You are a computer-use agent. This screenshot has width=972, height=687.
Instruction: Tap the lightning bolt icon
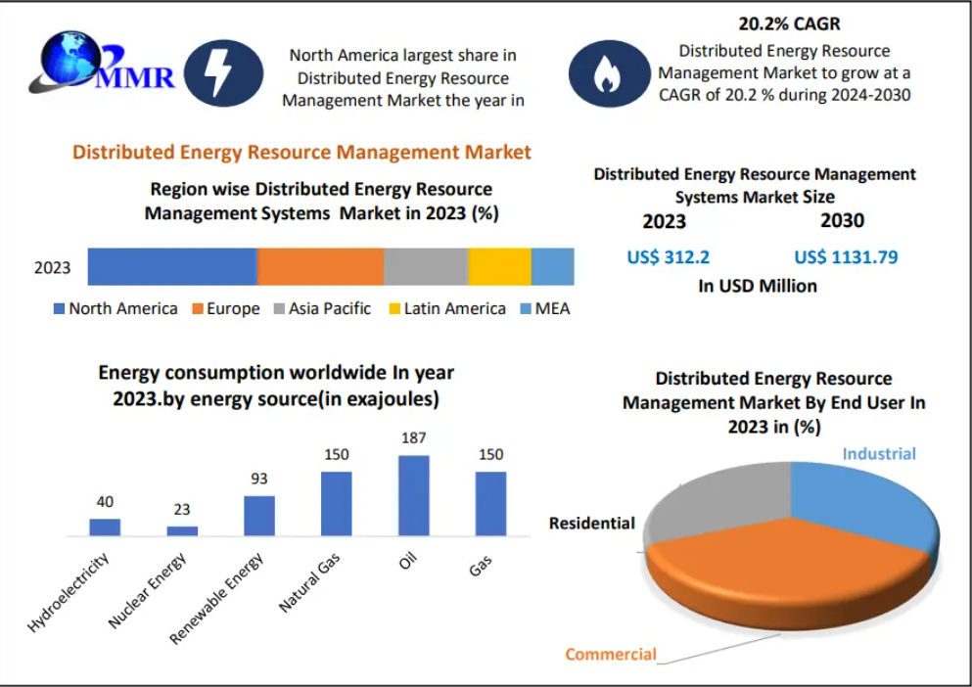[224, 73]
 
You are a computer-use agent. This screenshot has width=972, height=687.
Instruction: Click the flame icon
[606, 73]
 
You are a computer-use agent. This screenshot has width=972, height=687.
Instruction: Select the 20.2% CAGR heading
[789, 23]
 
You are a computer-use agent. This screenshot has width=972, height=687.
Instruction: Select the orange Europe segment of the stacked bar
[320, 266]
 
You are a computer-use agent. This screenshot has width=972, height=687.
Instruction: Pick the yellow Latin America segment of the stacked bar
[499, 266]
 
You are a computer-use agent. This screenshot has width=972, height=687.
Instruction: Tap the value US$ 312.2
[669, 257]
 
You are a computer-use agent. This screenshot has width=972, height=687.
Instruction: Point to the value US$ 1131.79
[846, 257]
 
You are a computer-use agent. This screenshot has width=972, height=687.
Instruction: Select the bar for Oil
[413, 495]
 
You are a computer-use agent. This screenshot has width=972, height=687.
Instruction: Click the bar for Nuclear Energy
[182, 530]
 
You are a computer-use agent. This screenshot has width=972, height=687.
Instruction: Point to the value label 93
[258, 479]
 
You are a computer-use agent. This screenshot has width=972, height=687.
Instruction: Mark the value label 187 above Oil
[413, 437]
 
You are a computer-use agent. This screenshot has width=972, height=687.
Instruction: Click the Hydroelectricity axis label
[69, 591]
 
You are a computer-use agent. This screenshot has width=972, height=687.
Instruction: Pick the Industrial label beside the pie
[879, 453]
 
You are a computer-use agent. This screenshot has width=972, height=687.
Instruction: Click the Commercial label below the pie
[611, 654]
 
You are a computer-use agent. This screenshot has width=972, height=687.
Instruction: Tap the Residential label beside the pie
[591, 523]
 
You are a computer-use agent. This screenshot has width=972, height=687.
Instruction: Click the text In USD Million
[757, 286]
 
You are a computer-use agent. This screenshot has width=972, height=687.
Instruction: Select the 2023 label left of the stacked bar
[53, 267]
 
